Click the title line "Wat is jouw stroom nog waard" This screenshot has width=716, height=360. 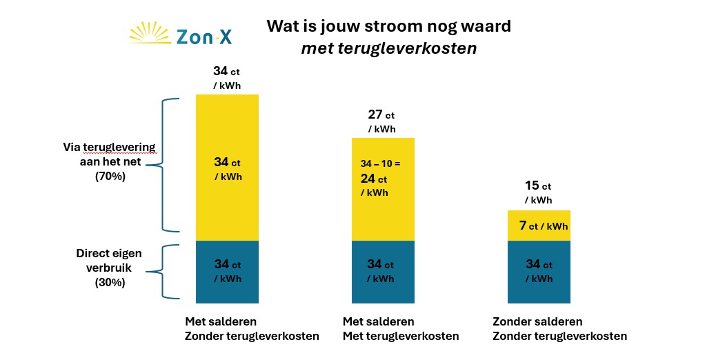tap(388, 27)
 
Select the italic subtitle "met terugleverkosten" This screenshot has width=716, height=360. tap(388, 49)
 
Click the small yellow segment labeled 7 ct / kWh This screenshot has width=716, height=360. tap(539, 226)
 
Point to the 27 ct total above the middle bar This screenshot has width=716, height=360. tap(381, 114)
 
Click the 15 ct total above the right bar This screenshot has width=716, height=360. tap(537, 186)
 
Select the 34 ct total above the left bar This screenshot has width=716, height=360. tap(226, 71)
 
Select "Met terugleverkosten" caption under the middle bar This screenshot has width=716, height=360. tap(401, 337)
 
